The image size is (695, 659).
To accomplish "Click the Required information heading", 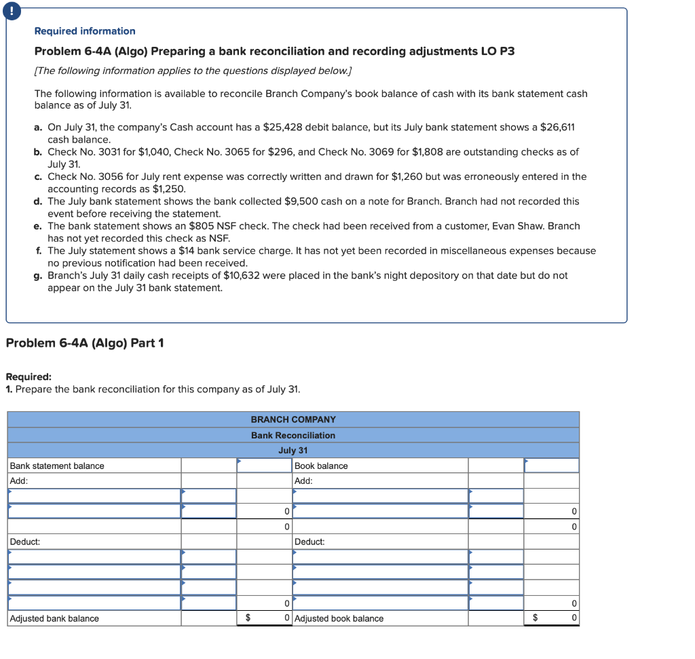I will click(x=85, y=31).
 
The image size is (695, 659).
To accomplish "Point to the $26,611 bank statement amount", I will click(x=557, y=128).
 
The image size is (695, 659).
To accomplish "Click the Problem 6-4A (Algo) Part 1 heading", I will click(x=85, y=343).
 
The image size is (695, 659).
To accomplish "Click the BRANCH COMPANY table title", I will click(x=293, y=419).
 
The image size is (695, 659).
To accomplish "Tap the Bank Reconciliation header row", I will click(x=293, y=435).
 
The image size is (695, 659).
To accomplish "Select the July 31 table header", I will click(x=293, y=451).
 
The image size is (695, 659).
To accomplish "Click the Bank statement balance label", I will click(x=57, y=466).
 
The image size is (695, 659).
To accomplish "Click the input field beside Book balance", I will click(x=551, y=466).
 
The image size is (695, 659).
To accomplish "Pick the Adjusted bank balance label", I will click(x=54, y=618).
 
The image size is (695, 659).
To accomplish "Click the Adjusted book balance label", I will click(x=339, y=618).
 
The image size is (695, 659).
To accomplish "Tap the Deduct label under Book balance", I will click(x=309, y=542).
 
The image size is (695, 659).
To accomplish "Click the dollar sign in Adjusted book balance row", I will click(x=535, y=618).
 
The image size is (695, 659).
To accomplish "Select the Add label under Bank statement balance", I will click(x=18, y=481).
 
